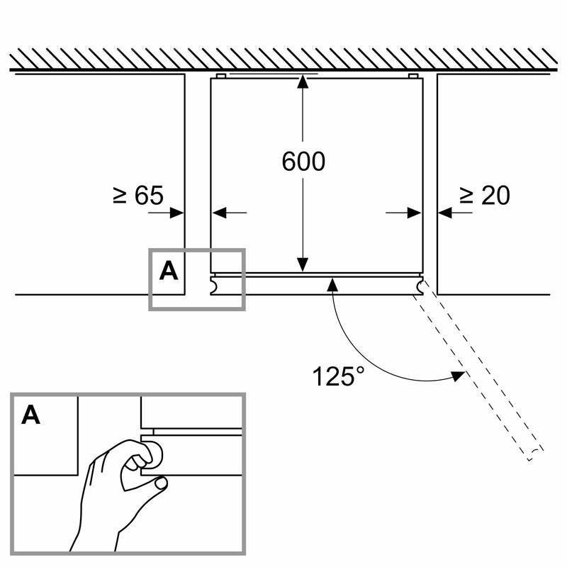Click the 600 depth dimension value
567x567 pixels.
coord(303,162)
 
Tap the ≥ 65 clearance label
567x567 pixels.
coord(137,196)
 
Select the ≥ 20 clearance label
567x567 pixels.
coord(484,196)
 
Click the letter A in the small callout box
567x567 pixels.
coord(169,270)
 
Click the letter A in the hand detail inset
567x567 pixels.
coord(30,415)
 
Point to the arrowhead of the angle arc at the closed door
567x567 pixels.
coord(332,284)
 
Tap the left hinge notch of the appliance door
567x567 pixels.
coord(213,285)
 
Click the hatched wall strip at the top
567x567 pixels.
coord(283,58)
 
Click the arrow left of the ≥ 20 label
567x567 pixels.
coord(447,212)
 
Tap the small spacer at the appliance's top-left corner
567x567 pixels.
coord(220,76)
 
